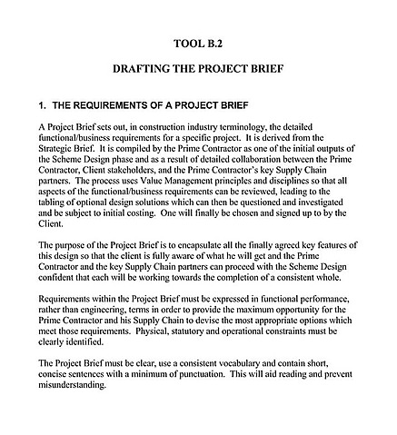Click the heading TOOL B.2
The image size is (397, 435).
(x=197, y=43)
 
